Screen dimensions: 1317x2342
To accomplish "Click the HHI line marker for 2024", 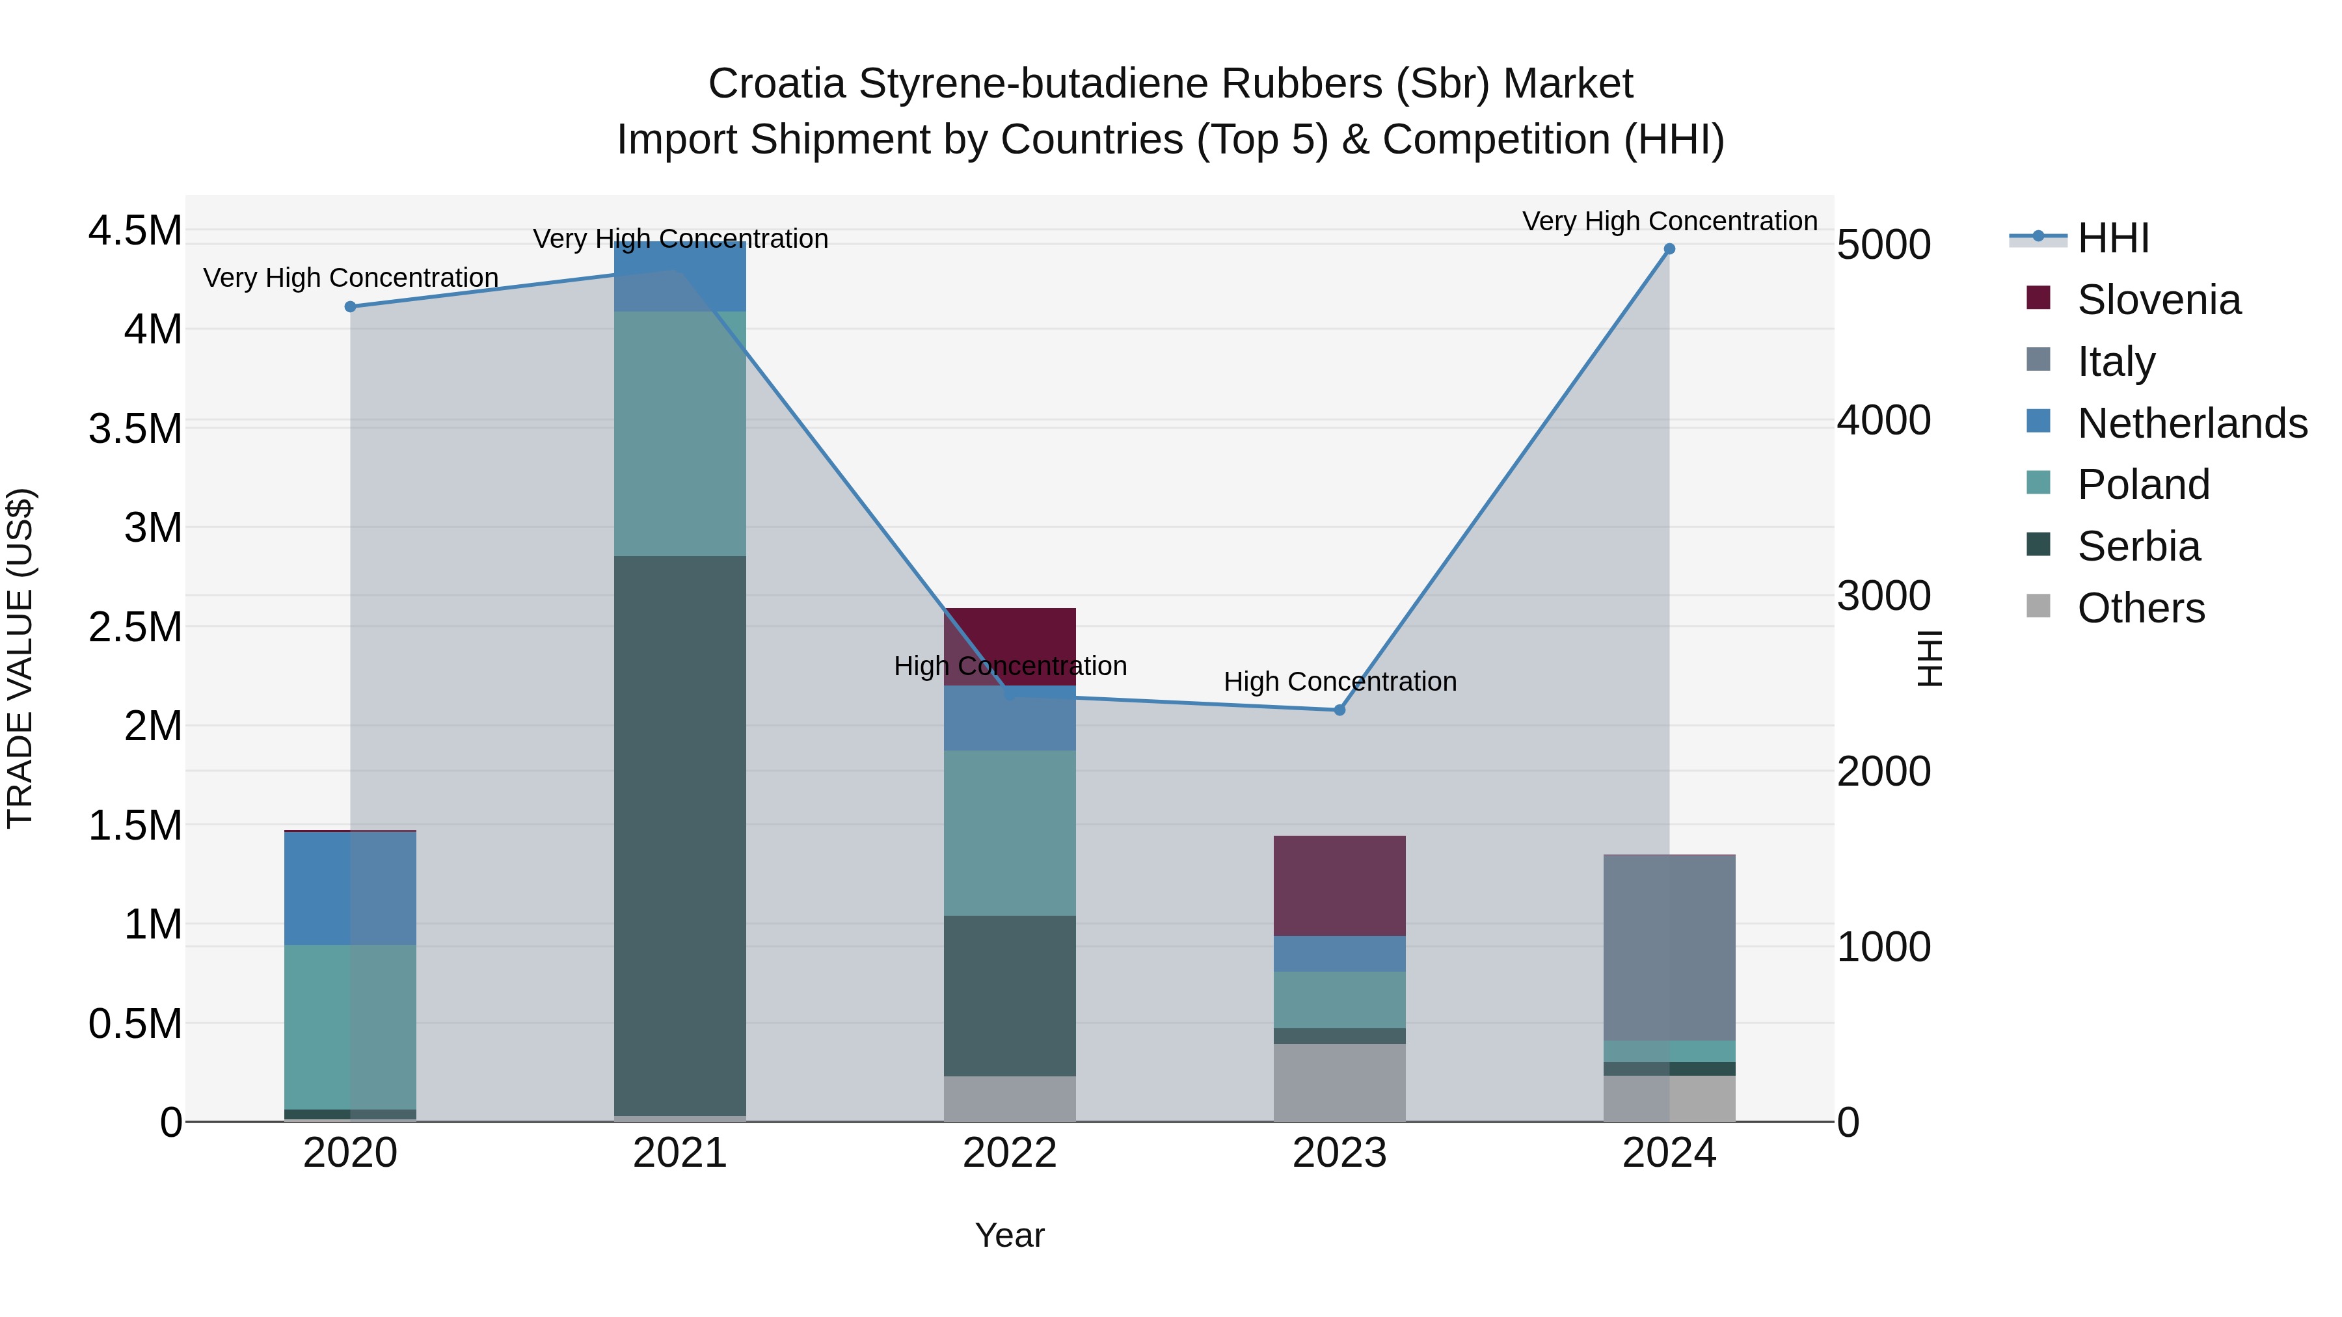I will click(x=1669, y=249).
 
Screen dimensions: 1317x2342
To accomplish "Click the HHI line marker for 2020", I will click(x=350, y=306).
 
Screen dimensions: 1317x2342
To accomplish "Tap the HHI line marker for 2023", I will click(x=1339, y=710).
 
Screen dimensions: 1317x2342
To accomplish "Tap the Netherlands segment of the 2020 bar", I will click(x=350, y=888).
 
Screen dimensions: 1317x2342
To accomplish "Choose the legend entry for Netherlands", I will click(x=2191, y=423).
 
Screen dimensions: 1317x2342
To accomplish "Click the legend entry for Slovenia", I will click(x=2159, y=300).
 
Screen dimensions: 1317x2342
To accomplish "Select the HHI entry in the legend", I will click(x=2113, y=238).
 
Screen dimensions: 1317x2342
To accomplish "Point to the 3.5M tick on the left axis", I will click(x=135, y=428).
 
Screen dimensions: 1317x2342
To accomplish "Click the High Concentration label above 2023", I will click(x=1339, y=682).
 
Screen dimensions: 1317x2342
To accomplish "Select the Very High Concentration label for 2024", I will click(x=1669, y=221).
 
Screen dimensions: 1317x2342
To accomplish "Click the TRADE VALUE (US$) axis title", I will click(x=20, y=658).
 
